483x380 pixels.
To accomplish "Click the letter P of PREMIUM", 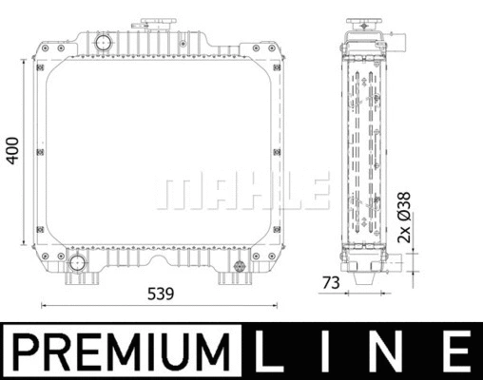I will tap(29, 351).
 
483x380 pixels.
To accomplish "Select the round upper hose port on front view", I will tap(102, 44).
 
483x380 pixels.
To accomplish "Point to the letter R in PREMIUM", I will tap(56, 351).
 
